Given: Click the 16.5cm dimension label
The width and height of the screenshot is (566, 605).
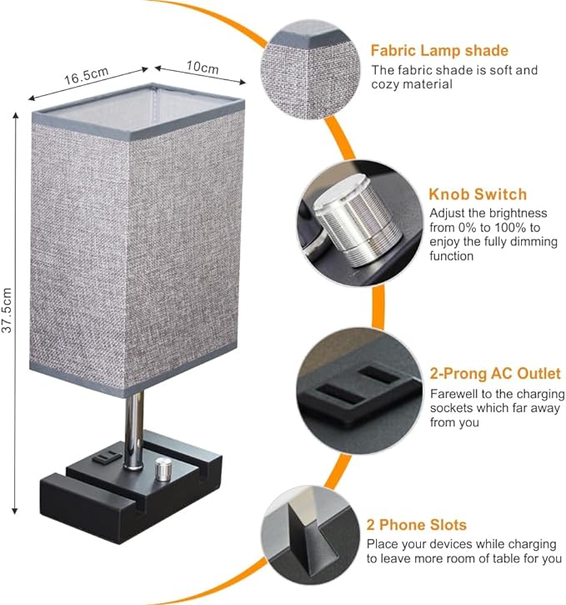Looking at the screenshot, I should click(87, 77).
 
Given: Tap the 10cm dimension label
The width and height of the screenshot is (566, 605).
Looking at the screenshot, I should click(203, 67).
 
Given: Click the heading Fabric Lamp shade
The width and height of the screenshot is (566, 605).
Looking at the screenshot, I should click(440, 51).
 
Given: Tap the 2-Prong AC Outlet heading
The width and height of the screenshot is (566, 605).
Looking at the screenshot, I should click(495, 374).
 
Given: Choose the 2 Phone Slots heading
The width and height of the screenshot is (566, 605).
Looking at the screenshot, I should click(417, 525).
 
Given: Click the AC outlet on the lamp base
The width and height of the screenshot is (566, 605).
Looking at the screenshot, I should click(106, 457).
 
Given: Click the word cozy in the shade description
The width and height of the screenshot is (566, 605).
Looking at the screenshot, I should click(388, 84).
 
